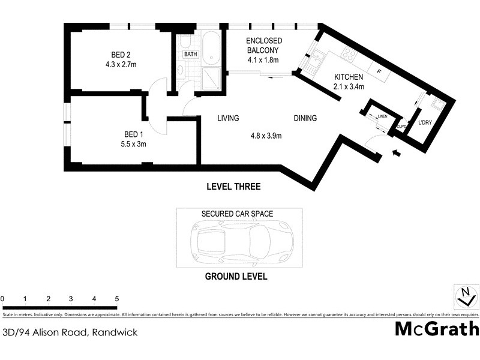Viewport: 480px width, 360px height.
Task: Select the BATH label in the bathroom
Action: pyautogui.click(x=191, y=54)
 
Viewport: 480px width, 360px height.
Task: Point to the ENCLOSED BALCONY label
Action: pyautogui.click(x=264, y=46)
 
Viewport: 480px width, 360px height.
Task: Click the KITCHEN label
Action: pyautogui.click(x=349, y=77)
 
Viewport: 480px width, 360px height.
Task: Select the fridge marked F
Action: pyautogui.click(x=377, y=71)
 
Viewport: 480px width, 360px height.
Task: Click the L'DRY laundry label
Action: pyautogui.click(x=427, y=125)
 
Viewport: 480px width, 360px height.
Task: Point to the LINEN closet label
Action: pyautogui.click(x=382, y=116)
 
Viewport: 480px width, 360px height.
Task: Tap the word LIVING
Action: pyautogui.click(x=229, y=118)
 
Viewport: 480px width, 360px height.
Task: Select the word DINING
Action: pyautogui.click(x=305, y=118)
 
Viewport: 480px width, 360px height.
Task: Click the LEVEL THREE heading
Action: pyautogui.click(x=233, y=187)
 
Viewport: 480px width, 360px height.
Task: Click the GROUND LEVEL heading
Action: pyautogui.click(x=236, y=277)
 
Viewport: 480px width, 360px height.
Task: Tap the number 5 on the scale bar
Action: pyautogui.click(x=117, y=298)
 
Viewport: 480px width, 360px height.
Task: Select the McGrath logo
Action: pyautogui.click(x=437, y=329)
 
